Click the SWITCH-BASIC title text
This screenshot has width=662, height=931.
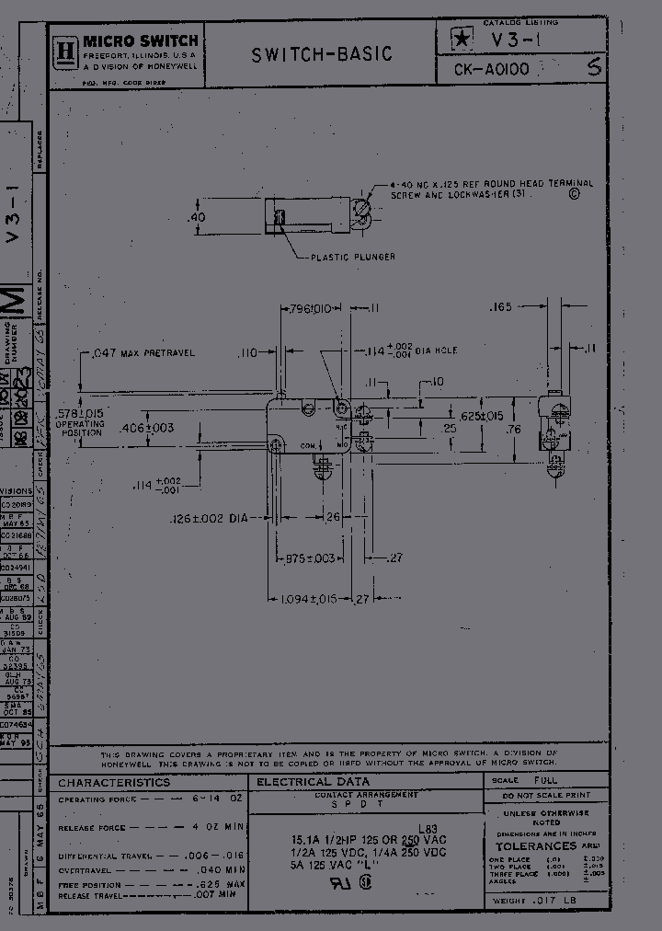(322, 55)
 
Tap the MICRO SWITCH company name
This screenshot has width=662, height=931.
(141, 40)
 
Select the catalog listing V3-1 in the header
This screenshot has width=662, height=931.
(519, 40)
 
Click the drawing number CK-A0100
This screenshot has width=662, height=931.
(493, 68)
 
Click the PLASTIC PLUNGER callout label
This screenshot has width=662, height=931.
(352, 257)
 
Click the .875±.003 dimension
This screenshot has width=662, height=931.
(307, 558)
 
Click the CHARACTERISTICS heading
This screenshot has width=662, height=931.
(114, 783)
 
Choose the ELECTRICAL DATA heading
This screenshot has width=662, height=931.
(313, 782)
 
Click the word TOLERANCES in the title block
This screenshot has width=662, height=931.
(536, 845)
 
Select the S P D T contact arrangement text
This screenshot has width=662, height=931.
(366, 803)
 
